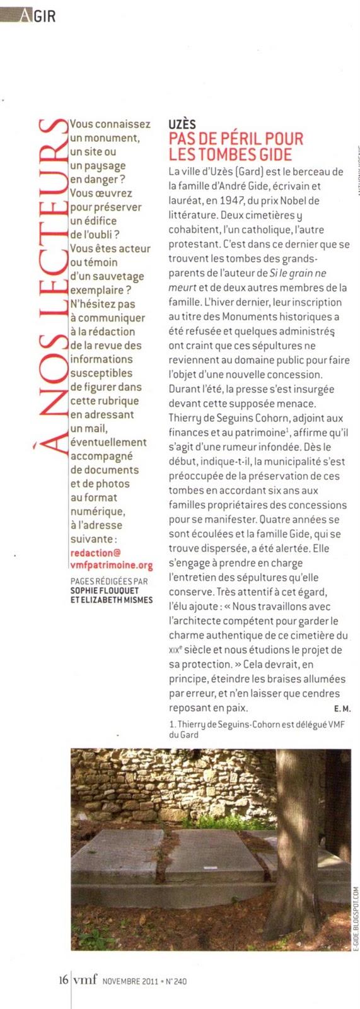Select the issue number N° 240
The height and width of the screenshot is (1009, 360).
(x=176, y=981)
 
